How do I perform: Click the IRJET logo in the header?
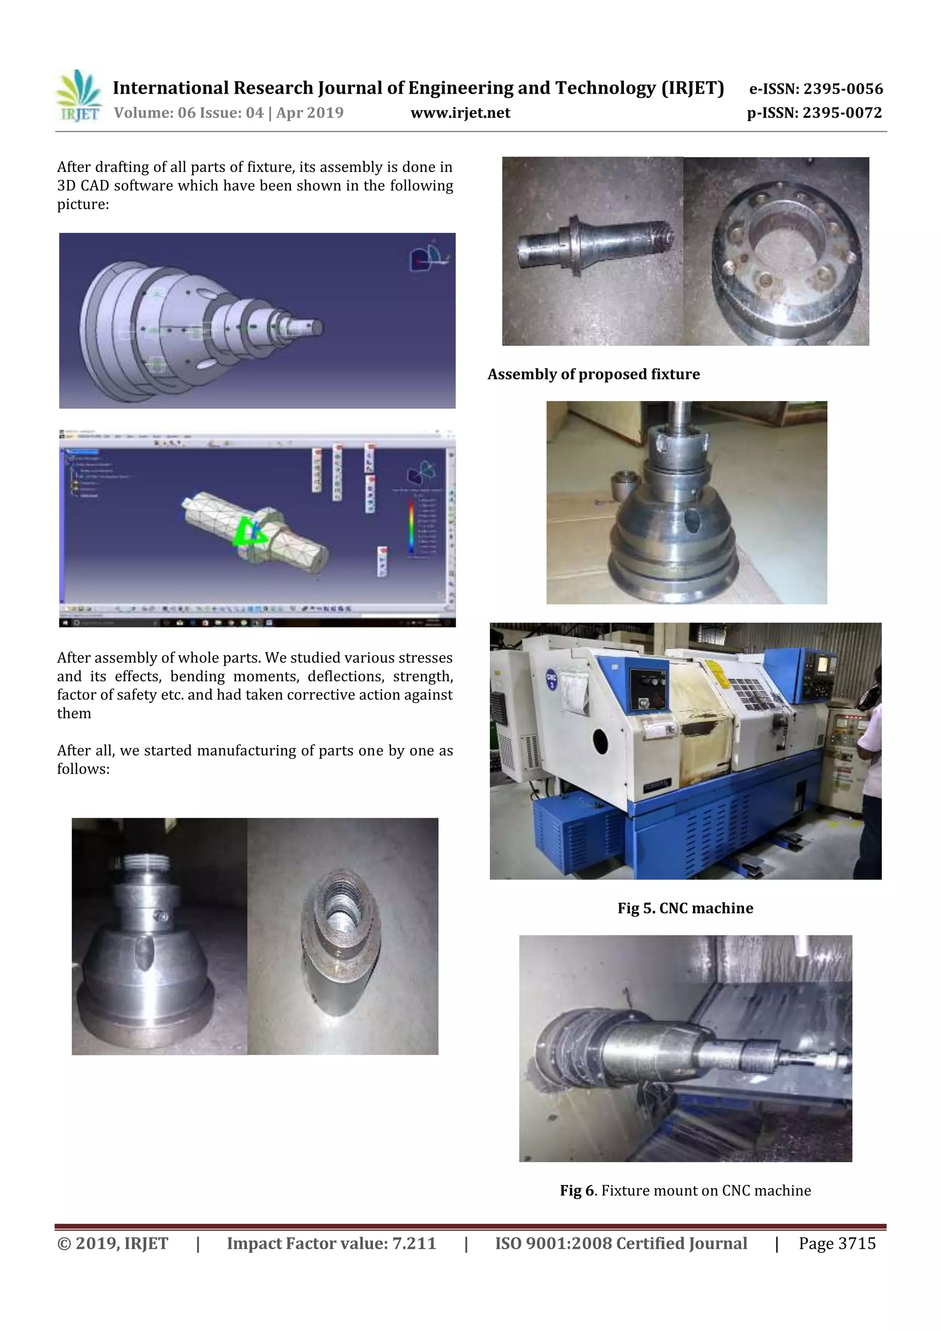tap(78, 96)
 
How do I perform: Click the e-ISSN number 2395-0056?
tap(842, 89)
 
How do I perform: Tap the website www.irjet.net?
tap(460, 113)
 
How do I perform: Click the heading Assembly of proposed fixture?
tap(593, 374)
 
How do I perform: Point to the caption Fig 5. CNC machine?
tap(685, 908)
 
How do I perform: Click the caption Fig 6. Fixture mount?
tap(685, 1191)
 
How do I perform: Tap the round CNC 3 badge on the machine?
tap(551, 680)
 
